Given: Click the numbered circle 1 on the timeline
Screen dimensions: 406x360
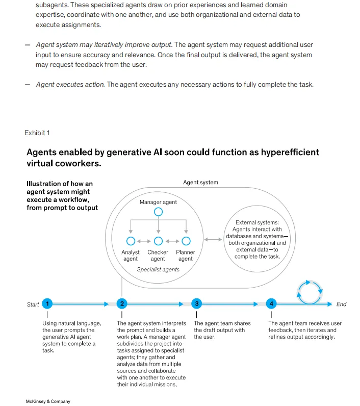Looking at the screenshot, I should coord(47,304).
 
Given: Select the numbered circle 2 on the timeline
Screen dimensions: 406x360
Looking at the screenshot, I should coord(121,304).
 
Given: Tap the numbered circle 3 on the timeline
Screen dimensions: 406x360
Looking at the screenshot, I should coord(197,304).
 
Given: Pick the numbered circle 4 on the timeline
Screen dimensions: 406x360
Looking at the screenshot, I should coord(272,304).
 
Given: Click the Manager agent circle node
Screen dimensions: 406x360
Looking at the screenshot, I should coord(159,212).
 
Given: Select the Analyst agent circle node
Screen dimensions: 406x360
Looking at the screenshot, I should coord(131,241).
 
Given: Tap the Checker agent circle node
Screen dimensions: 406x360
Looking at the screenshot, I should coord(158,241).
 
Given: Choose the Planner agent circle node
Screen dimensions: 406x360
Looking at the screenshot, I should coord(186,241).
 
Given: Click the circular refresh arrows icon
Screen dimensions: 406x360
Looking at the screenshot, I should coord(310,292).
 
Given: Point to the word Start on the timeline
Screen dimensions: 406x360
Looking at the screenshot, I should coord(33,304).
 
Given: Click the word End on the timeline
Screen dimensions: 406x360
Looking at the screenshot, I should coord(341,304).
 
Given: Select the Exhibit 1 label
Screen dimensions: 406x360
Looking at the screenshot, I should coord(37,133).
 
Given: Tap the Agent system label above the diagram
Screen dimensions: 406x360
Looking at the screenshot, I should coord(200,183).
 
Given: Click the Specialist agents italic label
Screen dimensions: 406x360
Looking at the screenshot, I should coord(158,269).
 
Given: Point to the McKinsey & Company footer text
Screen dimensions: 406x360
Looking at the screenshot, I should coord(48,401).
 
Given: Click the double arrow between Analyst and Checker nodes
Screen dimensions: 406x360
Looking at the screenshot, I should coord(144,241).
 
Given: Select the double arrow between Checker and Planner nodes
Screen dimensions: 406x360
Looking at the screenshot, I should coord(172,241).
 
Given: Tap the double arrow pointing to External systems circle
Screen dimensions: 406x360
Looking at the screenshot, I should coord(213,239).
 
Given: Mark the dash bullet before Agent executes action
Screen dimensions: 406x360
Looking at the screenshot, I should coord(28,85).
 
